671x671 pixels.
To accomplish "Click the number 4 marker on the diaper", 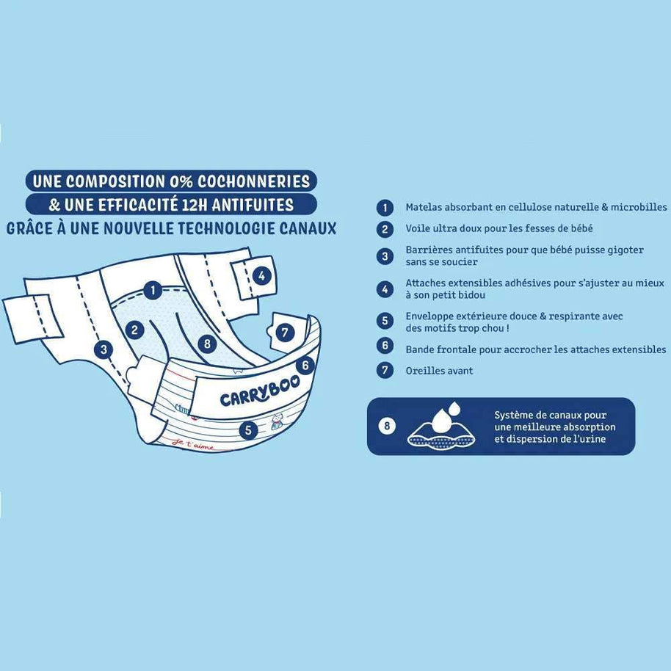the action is (261, 275).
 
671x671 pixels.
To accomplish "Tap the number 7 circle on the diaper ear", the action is (285, 333).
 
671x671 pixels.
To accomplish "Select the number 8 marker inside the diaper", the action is (208, 343).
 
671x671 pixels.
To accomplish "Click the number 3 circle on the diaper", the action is (104, 349).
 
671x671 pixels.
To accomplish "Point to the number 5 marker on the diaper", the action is (249, 429).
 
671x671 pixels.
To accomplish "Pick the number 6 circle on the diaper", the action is (305, 365).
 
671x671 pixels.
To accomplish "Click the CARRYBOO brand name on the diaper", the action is (260, 393).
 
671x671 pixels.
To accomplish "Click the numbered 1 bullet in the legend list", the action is (385, 208).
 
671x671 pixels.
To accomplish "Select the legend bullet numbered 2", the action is (385, 229).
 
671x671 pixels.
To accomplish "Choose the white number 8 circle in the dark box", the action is (387, 426).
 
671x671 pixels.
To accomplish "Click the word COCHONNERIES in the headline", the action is (254, 181).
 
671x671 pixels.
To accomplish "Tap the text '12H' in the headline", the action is (195, 205).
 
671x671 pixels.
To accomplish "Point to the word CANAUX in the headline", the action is (308, 228).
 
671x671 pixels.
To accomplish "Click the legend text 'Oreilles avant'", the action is (439, 371).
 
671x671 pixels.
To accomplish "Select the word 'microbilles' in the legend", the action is (639, 207).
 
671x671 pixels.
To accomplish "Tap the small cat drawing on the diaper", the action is (277, 422).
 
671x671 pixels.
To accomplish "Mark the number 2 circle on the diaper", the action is (135, 330).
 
